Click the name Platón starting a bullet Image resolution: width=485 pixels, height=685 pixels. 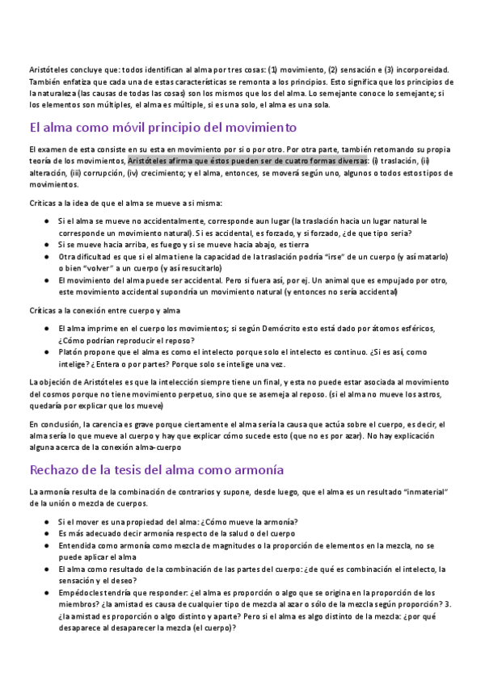coord(71,352)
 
